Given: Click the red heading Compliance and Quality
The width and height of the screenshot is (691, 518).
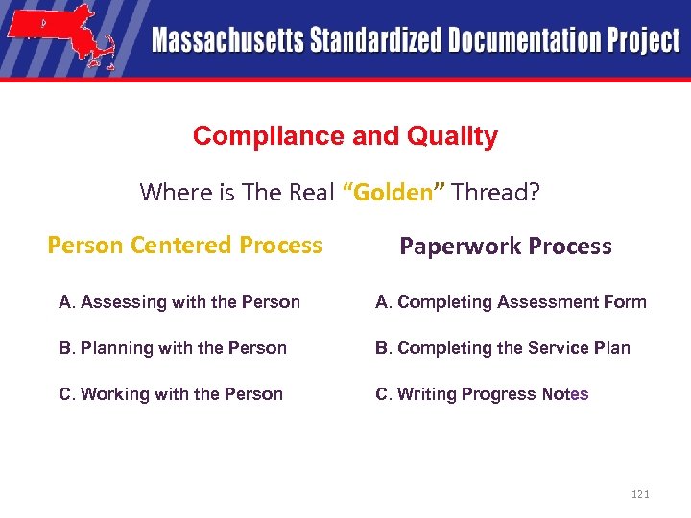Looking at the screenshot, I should click(x=345, y=136).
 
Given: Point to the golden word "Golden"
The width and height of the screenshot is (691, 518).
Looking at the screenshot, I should click(x=393, y=192).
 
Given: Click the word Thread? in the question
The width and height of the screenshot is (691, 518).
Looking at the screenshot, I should click(x=496, y=192).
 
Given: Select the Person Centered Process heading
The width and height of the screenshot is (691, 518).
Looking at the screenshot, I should click(x=184, y=246).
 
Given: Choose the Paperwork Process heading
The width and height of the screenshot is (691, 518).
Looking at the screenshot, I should click(x=505, y=247).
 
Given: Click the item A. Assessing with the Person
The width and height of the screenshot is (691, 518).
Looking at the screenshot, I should click(x=179, y=302).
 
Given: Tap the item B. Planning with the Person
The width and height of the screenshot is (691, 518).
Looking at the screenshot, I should click(x=172, y=348).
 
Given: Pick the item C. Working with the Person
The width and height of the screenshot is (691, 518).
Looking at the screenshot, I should click(x=170, y=394).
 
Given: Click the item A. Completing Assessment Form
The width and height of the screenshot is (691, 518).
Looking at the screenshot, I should click(x=511, y=302).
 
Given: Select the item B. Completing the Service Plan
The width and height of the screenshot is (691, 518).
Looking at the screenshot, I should click(x=502, y=348).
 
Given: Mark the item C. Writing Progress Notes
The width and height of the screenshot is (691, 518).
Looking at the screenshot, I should click(x=482, y=394).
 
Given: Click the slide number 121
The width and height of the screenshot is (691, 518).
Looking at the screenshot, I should click(x=640, y=494).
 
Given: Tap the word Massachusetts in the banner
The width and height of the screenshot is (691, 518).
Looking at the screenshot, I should click(x=226, y=41).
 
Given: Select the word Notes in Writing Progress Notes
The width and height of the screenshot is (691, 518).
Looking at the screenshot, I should click(x=565, y=394).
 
